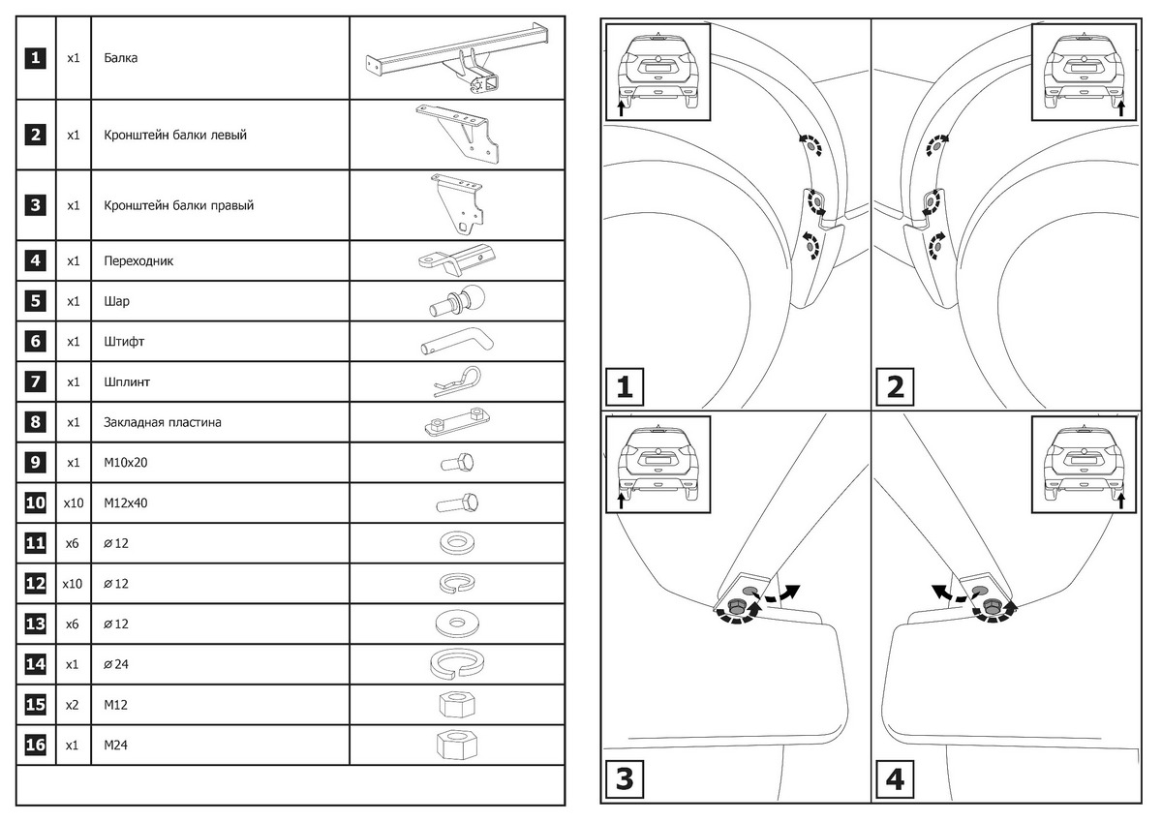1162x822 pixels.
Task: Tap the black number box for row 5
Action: tap(35, 301)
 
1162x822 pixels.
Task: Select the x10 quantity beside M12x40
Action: tap(73, 503)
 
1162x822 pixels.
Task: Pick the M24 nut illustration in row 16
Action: tap(456, 746)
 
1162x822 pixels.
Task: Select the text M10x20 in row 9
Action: tap(126, 463)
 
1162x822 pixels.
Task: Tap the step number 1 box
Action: tap(625, 387)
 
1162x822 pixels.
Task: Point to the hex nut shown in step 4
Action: tap(990, 608)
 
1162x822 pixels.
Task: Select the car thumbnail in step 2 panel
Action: tap(1086, 71)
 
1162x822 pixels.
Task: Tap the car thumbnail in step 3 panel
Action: tap(657, 464)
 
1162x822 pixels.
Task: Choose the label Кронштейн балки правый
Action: tap(179, 205)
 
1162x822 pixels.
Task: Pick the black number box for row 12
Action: tap(35, 584)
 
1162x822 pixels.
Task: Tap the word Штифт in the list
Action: tap(123, 342)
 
